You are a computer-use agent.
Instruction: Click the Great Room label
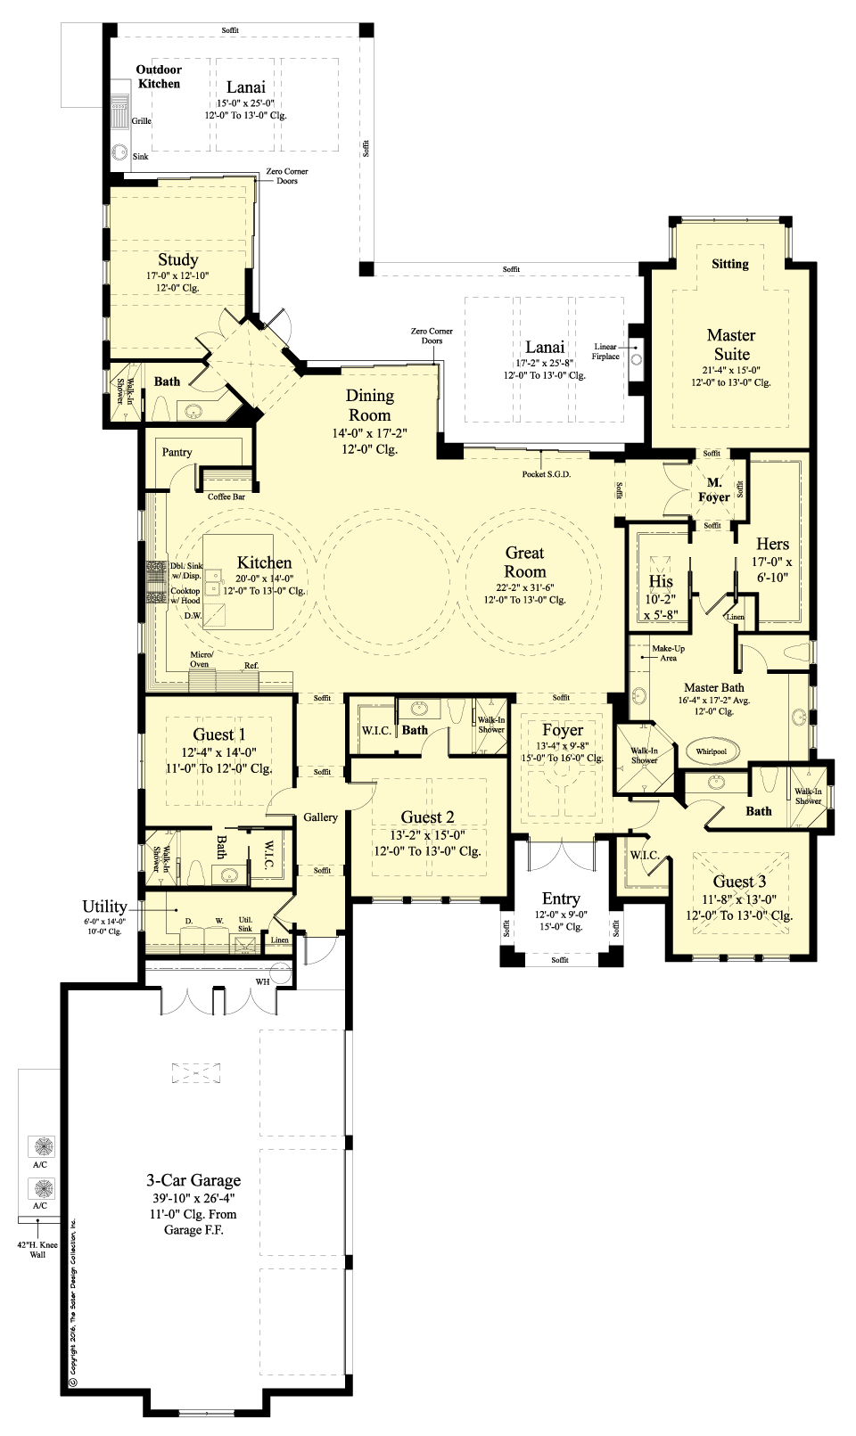pos(525,562)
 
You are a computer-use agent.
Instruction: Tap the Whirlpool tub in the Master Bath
pos(711,751)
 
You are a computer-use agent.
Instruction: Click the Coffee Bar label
pos(226,496)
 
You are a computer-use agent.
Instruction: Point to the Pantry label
pos(177,452)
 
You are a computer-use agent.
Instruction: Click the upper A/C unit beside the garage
pos(41,1145)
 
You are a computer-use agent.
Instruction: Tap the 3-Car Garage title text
pos(193,1180)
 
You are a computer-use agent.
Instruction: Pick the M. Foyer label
pos(714,490)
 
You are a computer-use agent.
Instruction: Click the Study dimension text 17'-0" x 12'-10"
pos(178,275)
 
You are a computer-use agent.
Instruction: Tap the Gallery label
pos(320,817)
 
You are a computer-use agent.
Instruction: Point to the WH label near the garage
pos(262,981)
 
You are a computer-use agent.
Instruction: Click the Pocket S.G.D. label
pos(547,474)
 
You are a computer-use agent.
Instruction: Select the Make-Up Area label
pos(668,653)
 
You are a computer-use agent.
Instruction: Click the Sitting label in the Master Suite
pos(729,264)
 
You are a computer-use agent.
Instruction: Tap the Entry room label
pos(561,899)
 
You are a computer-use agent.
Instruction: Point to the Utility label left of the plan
pos(104,907)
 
